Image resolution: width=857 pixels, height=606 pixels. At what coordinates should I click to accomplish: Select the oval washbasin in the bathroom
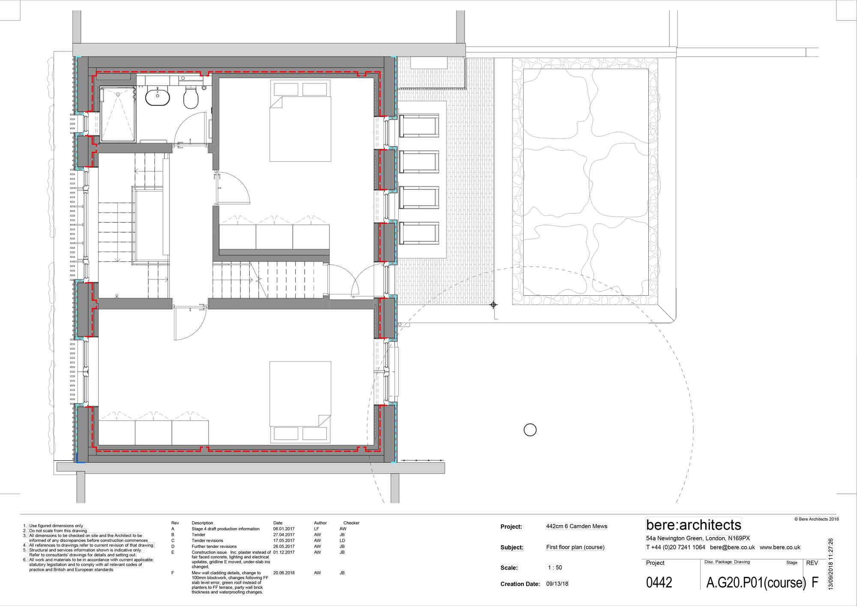click(158, 96)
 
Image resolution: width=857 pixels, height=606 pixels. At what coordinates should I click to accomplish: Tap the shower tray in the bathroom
click(118, 114)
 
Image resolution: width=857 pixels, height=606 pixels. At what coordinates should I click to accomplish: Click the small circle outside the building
click(530, 430)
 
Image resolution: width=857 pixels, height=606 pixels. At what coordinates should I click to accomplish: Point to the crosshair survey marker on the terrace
click(494, 305)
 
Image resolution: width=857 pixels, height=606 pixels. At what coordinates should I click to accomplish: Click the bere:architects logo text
click(694, 525)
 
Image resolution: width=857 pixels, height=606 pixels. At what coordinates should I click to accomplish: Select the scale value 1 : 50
click(555, 567)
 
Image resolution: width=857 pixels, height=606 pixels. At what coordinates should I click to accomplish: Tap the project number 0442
click(659, 582)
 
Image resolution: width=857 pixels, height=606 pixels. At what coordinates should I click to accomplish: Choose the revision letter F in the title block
click(815, 582)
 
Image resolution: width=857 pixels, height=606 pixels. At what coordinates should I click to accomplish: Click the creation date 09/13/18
click(557, 584)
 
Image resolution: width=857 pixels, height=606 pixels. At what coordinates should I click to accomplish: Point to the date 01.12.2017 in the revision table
click(284, 552)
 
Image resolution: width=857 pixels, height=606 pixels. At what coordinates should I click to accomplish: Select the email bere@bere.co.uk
click(732, 547)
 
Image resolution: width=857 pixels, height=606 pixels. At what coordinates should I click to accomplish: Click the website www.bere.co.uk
click(780, 547)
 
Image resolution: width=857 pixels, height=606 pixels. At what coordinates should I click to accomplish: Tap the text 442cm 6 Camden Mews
click(577, 526)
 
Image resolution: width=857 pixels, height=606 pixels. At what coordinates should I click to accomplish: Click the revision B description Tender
click(198, 535)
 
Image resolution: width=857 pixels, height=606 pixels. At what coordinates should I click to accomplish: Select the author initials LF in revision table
click(317, 529)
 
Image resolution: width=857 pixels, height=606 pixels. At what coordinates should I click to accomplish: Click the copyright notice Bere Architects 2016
click(817, 519)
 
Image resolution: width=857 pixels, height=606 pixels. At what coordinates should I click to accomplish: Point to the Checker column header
click(351, 523)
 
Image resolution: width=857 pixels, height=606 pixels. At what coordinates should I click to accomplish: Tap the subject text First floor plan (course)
click(575, 547)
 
